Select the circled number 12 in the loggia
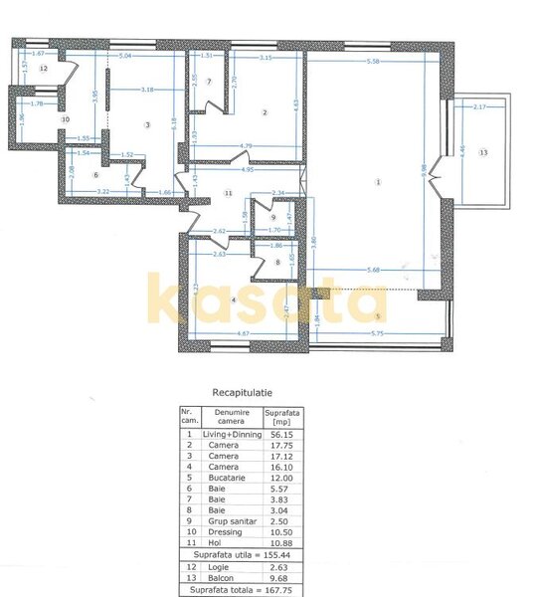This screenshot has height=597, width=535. [44, 69]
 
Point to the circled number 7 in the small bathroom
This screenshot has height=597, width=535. [209, 81]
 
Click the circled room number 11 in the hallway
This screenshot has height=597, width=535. [228, 193]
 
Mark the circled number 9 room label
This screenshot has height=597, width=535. [272, 218]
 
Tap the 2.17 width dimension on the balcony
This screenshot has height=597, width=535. [479, 106]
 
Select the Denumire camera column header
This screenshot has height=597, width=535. [229, 417]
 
